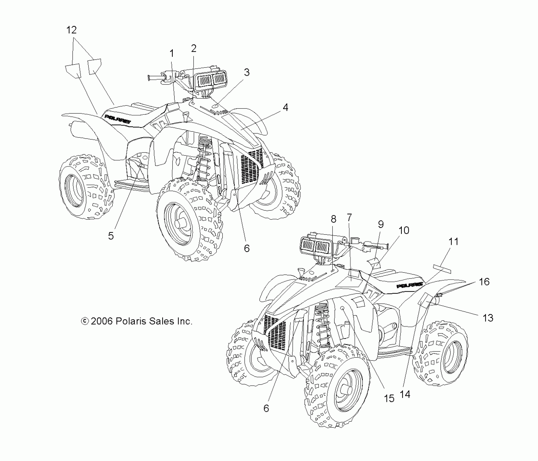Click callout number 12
tap(71, 30)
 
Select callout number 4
tap(285, 108)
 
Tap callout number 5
tap(111, 236)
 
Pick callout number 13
tap(488, 318)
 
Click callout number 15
tap(389, 398)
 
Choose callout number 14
tap(405, 394)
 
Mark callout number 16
tap(484, 282)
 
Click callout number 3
tap(246, 72)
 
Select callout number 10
tap(404, 230)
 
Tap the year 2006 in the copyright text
tap(102, 321)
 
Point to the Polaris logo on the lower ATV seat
tap(410, 285)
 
